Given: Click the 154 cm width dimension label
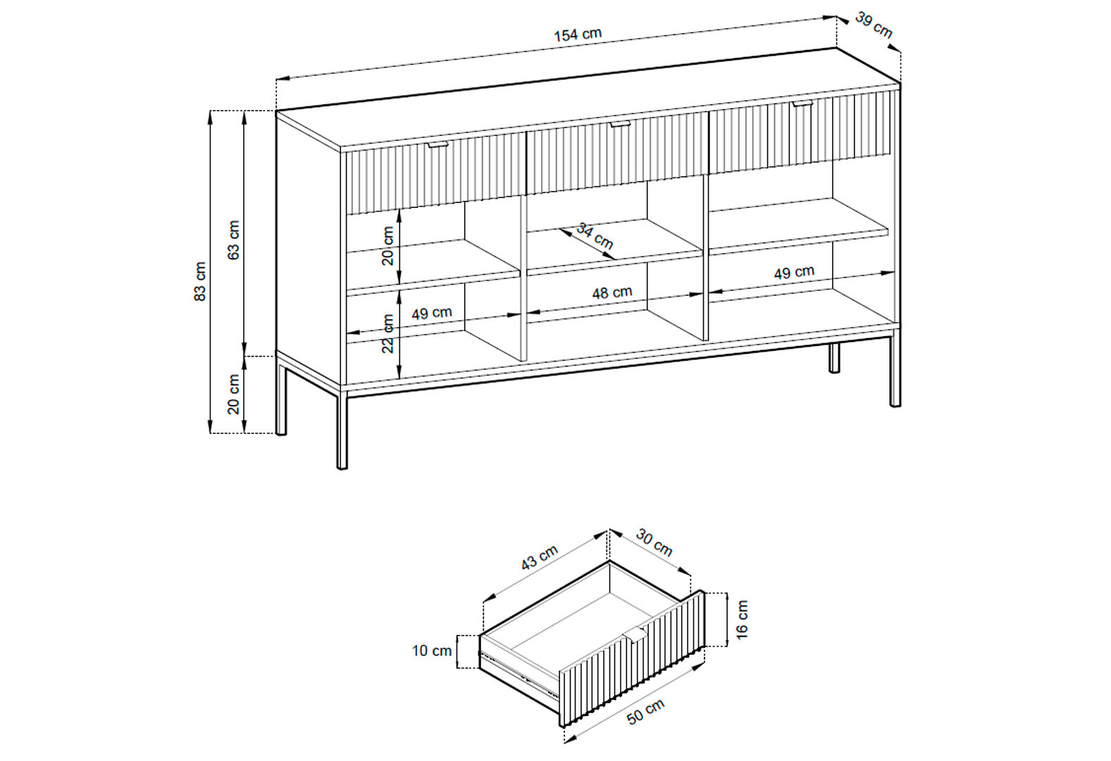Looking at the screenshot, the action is pos(577,35).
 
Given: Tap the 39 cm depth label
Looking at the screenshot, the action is pos(874,25).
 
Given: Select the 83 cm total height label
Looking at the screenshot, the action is pos(199,281).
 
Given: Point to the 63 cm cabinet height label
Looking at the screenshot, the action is pos(233,240).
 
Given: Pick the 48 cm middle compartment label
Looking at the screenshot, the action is pos(612,292).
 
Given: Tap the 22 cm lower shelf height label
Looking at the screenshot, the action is pos(388,333).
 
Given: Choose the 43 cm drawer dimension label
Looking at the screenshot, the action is pos(540,557).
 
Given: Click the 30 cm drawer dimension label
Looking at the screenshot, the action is pos(654,543).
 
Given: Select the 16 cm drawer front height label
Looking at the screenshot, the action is pos(742,619).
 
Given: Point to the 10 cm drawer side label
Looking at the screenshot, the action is pos(432,651).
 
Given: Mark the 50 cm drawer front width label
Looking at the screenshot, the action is pos(645,712).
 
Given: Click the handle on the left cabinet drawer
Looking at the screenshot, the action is pos(438,144).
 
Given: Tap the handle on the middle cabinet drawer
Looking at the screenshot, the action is pos(620,123).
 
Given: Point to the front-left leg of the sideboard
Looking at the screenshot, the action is pos(342,432).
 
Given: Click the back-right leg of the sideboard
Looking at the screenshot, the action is pos(834,357).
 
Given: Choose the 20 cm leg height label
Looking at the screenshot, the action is pos(233,394).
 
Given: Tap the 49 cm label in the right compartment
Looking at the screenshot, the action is pos(794,273).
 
